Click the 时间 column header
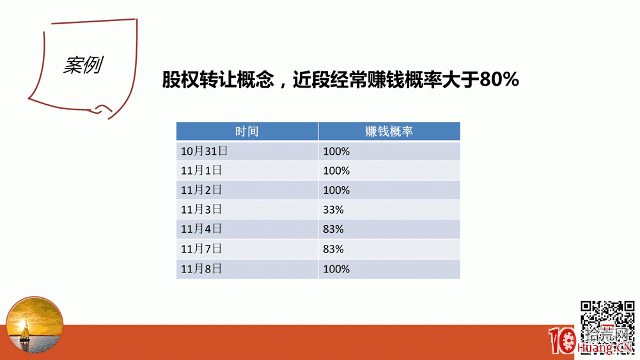pyautogui.click(x=247, y=132)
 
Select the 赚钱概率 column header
pyautogui.click(x=389, y=132)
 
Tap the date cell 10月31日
pyautogui.click(x=204, y=151)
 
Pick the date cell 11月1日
pyautogui.click(x=201, y=170)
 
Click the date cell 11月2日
pyautogui.click(x=201, y=190)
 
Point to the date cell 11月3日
pyautogui.click(x=201, y=209)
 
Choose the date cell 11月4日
pyautogui.click(x=201, y=228)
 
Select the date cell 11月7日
pyautogui.click(x=201, y=249)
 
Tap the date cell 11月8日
pyautogui.click(x=201, y=269)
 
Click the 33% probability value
pyautogui.click(x=333, y=210)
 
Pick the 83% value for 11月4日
pyautogui.click(x=333, y=230)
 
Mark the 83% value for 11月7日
pyautogui.click(x=333, y=249)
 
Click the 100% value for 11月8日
pyautogui.click(x=336, y=269)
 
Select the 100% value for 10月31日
pyautogui.click(x=336, y=152)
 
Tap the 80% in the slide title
pyautogui.click(x=499, y=79)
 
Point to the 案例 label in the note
pyautogui.click(x=83, y=65)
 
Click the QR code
pyautogui.click(x=607, y=327)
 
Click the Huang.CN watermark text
pyautogui.click(x=604, y=347)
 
